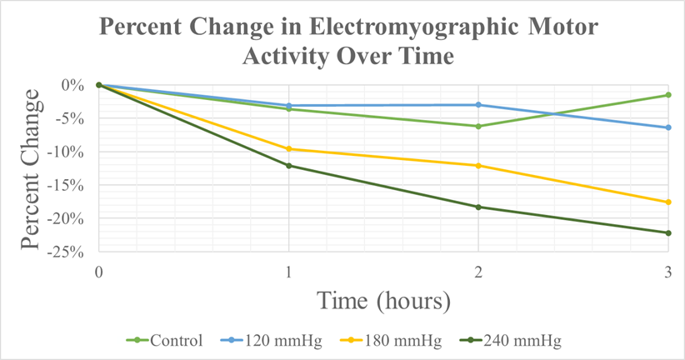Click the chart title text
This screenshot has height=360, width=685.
pos(348,42)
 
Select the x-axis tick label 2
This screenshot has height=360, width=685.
pos(478,272)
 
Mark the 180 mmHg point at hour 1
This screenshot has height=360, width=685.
pos(288,149)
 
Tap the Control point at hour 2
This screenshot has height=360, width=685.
pos(478,127)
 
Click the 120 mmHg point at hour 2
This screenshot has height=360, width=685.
pos(478,105)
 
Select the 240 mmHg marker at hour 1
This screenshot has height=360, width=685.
pos(288,166)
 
